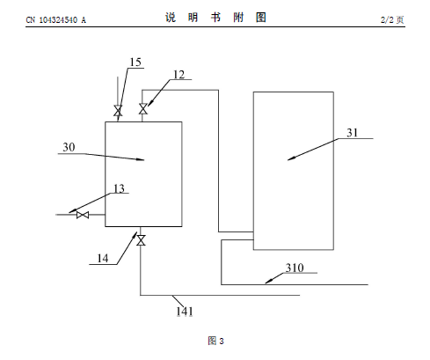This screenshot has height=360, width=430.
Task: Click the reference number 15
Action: [x=135, y=62]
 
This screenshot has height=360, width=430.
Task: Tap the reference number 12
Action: [x=179, y=75]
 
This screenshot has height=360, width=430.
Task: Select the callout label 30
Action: [x=69, y=147]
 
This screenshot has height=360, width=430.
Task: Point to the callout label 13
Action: [x=119, y=188]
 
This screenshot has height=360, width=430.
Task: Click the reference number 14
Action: [x=103, y=259]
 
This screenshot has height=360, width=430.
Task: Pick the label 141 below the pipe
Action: [x=185, y=312]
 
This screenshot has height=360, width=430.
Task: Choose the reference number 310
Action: [x=295, y=268]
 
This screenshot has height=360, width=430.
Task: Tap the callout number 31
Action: [x=353, y=133]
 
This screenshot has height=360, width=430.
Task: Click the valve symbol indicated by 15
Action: [x=118, y=111]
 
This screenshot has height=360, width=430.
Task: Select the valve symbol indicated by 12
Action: [x=143, y=109]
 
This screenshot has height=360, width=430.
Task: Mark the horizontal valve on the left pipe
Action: [x=83, y=215]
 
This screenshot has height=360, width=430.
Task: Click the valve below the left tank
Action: [x=141, y=240]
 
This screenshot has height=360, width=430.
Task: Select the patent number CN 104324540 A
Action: [x=56, y=20]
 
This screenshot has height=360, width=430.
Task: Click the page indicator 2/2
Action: [x=387, y=19]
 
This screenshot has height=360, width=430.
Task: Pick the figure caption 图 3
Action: [x=215, y=341]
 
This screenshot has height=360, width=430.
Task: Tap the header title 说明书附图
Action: [x=215, y=18]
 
